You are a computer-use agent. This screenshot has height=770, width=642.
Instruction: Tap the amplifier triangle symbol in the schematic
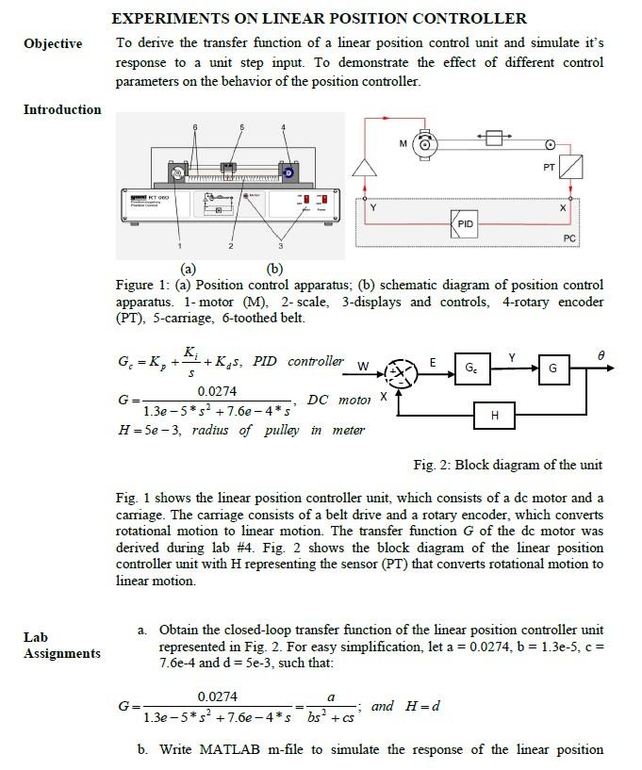(x=364, y=169)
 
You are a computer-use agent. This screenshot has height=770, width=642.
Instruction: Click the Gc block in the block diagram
(x=471, y=366)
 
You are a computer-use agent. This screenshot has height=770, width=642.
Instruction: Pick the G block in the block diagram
(x=553, y=367)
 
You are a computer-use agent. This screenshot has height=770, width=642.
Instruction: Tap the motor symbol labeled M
(x=426, y=144)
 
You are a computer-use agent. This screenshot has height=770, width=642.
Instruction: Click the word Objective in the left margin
(x=53, y=44)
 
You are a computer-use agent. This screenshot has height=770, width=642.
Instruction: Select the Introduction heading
(x=62, y=109)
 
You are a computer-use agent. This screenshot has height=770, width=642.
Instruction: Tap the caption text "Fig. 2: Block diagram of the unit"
(x=507, y=465)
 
